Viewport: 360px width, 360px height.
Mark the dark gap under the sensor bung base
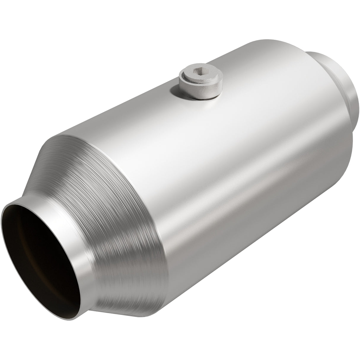tap(199, 97)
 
